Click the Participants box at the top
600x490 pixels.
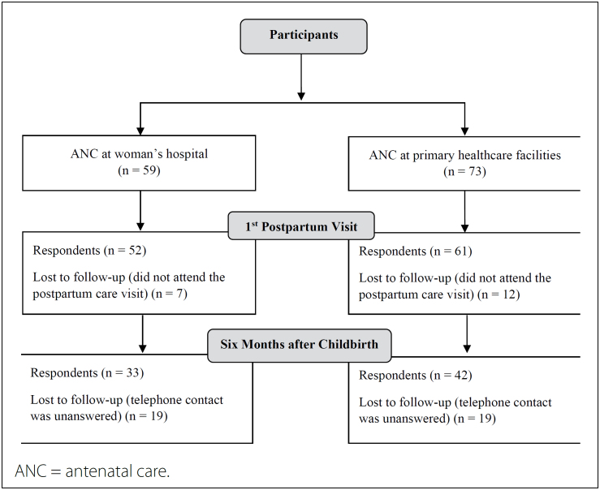pyautogui.click(x=304, y=37)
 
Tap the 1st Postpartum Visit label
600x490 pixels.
pyautogui.click(x=301, y=226)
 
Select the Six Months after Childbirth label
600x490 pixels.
pyautogui.click(x=300, y=345)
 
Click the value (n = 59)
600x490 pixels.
pyautogui.click(x=139, y=170)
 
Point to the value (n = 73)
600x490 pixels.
pyautogui.click(x=464, y=172)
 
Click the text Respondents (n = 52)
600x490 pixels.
pyautogui.click(x=89, y=251)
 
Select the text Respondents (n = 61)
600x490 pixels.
pyautogui.click(x=415, y=251)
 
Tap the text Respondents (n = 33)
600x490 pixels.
pyautogui.click(x=87, y=372)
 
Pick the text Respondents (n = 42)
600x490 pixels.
pyautogui.click(x=415, y=376)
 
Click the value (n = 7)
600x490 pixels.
pyautogui.click(x=170, y=294)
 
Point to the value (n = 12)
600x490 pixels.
pyautogui.click(x=499, y=294)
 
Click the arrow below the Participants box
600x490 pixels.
pyautogui.click(x=301, y=77)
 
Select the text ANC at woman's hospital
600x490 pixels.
pyautogui.click(x=140, y=154)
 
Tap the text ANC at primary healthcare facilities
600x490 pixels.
pyautogui.click(x=465, y=155)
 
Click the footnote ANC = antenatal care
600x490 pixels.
pyautogui.click(x=93, y=471)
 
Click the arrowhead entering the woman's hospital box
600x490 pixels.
pyautogui.click(x=140, y=131)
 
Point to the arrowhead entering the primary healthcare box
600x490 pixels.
pyautogui.click(x=464, y=131)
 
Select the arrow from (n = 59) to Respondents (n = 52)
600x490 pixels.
pyautogui.click(x=140, y=211)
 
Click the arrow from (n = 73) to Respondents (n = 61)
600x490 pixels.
pyautogui.click(x=464, y=212)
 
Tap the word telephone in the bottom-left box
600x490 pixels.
pyautogui.click(x=150, y=400)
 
